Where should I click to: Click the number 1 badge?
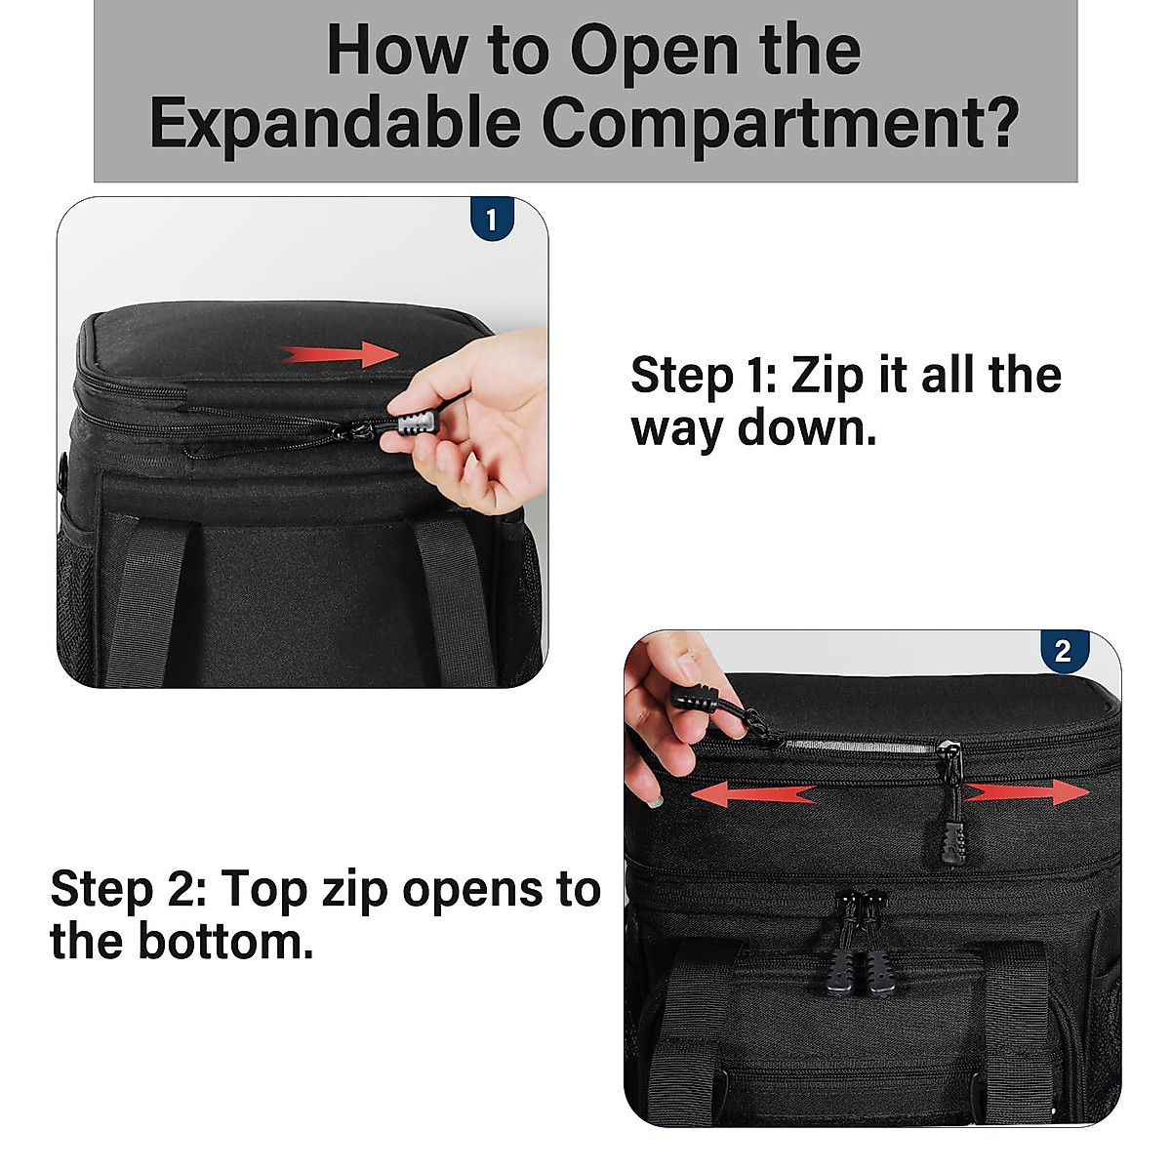(x=491, y=220)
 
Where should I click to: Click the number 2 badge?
(x=1063, y=651)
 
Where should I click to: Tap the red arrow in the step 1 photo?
(x=340, y=354)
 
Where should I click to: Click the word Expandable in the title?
(x=335, y=124)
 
